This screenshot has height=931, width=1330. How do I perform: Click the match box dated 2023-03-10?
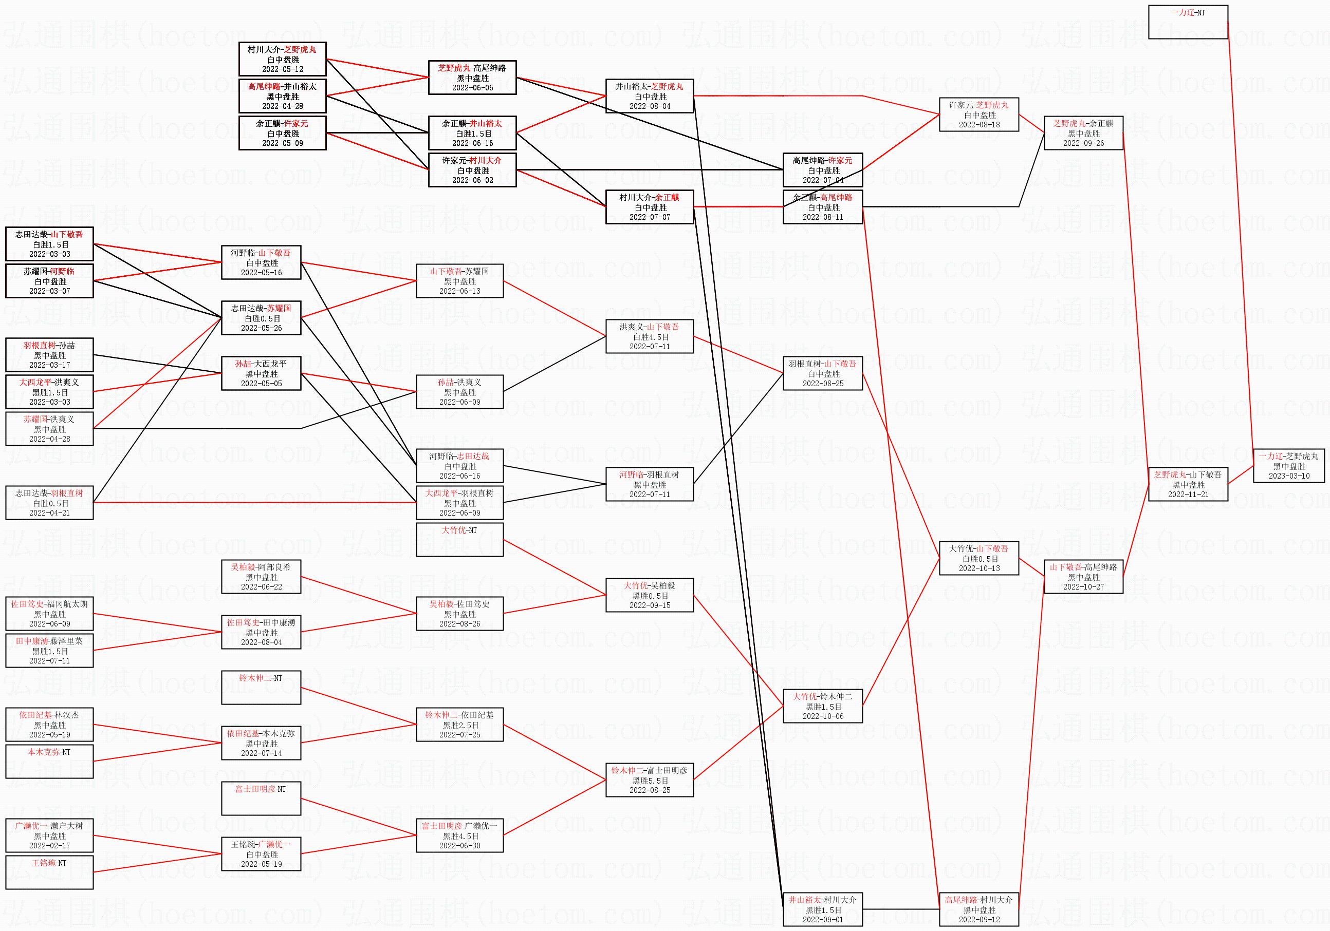coord(1289,465)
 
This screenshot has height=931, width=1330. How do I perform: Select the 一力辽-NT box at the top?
coord(1188,22)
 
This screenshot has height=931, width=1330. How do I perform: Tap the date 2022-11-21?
coord(1188,495)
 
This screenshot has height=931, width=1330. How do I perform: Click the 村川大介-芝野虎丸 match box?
coord(282,59)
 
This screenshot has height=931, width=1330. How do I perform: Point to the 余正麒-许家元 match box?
coord(282,133)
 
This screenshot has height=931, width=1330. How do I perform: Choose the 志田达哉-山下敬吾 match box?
coord(49,244)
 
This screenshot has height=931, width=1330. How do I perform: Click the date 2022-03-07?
coord(49,291)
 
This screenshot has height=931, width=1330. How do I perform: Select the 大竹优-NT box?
coord(459,540)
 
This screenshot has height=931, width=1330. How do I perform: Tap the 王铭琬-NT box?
coord(49,872)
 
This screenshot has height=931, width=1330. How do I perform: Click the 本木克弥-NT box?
coord(49,762)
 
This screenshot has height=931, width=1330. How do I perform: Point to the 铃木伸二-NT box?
coord(261,687)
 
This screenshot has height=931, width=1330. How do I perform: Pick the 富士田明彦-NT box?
coord(261,799)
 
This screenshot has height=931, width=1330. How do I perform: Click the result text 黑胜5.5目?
coord(650,781)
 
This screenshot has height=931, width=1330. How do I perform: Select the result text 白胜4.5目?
coord(650,337)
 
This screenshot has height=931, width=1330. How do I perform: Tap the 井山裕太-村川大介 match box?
coord(823,909)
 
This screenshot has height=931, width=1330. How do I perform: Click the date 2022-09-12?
coord(979,919)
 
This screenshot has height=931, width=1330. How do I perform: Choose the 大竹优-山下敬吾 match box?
coord(979,558)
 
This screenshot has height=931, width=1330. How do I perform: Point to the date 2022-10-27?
coord(1083,586)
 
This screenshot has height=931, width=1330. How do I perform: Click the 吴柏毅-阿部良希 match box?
coord(261,577)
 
